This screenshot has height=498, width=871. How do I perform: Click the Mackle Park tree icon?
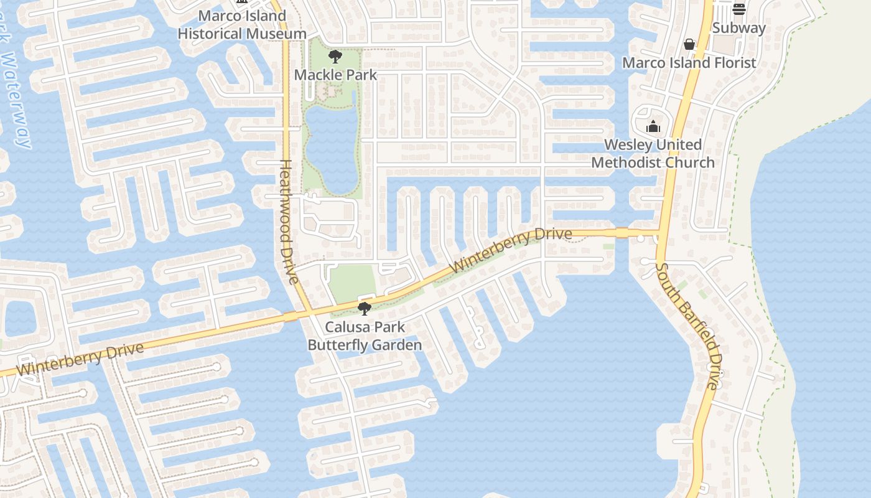(335, 57)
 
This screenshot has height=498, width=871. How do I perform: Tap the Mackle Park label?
(335, 75)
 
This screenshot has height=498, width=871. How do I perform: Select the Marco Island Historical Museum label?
(242, 25)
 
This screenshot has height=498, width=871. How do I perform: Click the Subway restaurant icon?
(739, 9)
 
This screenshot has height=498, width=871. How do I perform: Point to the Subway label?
(739, 28)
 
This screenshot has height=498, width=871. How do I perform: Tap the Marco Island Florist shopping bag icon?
(689, 44)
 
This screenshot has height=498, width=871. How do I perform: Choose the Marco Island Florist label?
(689, 63)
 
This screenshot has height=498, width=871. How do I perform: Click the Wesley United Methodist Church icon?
(653, 127)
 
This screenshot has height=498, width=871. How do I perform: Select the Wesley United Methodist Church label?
(653, 154)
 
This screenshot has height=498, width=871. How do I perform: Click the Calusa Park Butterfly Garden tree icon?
(365, 308)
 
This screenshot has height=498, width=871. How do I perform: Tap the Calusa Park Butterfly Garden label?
(365, 336)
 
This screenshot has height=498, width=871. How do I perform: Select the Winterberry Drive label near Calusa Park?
(510, 250)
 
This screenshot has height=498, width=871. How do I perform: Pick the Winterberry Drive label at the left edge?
(80, 359)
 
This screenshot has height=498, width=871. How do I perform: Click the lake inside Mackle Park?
(331, 149)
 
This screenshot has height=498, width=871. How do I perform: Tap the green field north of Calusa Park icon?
(352, 281)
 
